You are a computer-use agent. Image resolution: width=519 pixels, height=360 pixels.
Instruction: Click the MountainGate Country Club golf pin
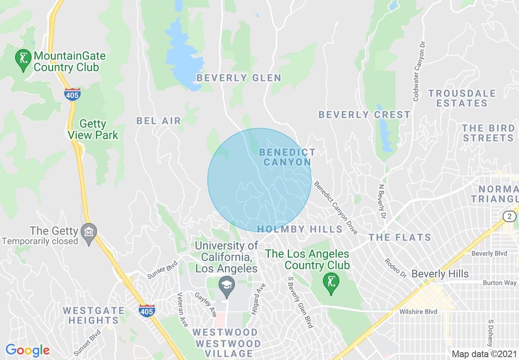click(x=23, y=59)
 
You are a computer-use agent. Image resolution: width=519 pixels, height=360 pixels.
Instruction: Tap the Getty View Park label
click(x=93, y=129)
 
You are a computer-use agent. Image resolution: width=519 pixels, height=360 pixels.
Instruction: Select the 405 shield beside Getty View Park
click(x=72, y=94)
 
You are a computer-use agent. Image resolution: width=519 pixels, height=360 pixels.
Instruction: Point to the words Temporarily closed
click(x=40, y=241)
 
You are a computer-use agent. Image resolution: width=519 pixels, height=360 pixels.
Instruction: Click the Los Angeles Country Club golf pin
click(x=331, y=282)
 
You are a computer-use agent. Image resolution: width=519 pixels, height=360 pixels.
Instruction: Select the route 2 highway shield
click(x=509, y=216)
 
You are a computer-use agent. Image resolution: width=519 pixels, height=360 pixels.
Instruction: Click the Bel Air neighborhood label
click(x=158, y=121)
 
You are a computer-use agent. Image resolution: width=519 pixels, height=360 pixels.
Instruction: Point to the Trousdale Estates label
click(x=462, y=98)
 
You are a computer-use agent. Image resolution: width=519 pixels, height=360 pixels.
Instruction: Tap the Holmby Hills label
click(x=300, y=229)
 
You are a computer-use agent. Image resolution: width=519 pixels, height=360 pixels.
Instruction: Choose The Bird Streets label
click(x=488, y=133)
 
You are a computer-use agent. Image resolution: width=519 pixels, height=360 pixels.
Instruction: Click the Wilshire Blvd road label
click(x=418, y=312)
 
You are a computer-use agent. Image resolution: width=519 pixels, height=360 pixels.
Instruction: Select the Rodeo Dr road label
click(x=395, y=268)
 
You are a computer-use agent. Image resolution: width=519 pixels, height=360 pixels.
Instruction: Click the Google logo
click(x=27, y=350)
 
